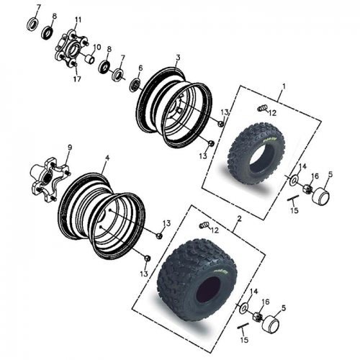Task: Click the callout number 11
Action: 78,19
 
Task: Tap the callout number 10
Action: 97,47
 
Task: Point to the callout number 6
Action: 140,68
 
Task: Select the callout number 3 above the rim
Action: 178,57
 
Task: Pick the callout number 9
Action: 70,148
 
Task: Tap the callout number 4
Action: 107,157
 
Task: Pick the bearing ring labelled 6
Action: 135,85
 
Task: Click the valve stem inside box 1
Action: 262,109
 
